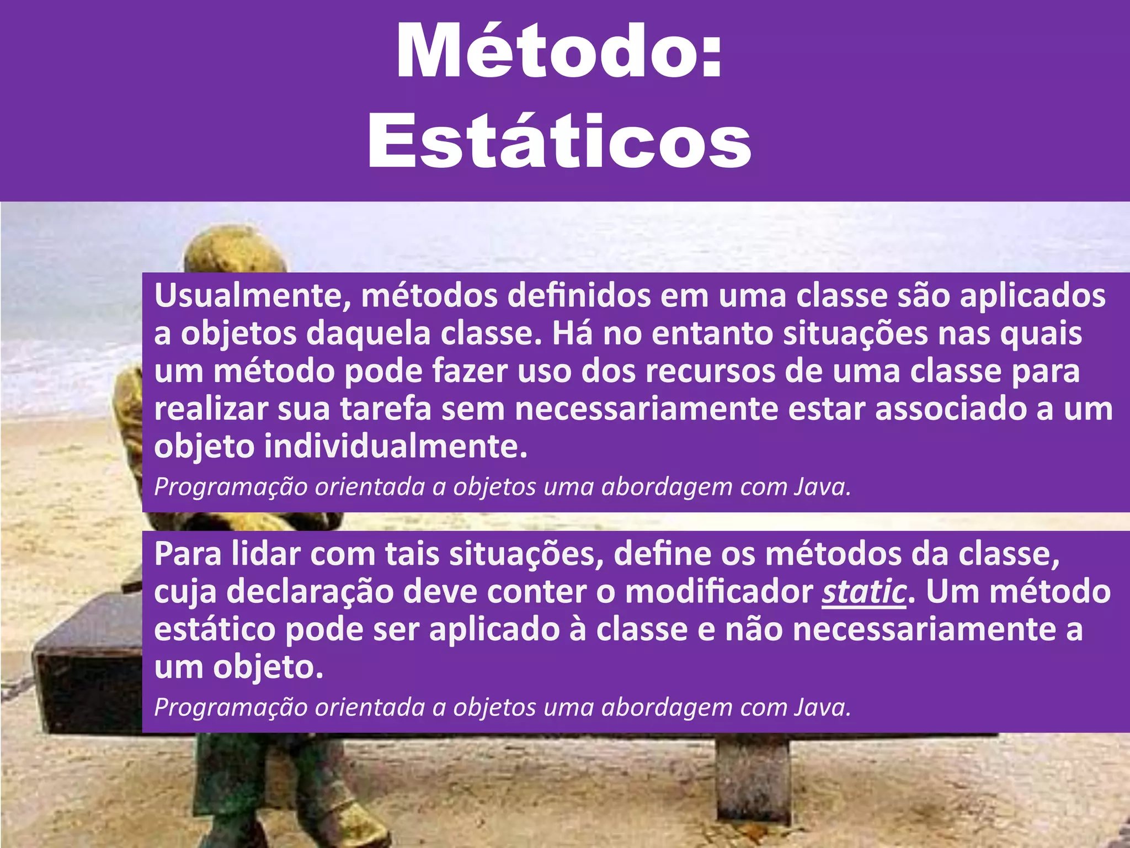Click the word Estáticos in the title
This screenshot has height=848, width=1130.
click(559, 140)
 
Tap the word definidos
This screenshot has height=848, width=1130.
click(579, 296)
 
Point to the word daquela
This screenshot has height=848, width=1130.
click(368, 334)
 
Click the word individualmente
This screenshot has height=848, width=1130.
click(396, 446)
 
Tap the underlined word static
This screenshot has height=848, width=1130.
click(864, 592)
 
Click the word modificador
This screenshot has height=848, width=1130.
click(719, 592)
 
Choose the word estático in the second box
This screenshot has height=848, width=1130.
click(215, 629)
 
